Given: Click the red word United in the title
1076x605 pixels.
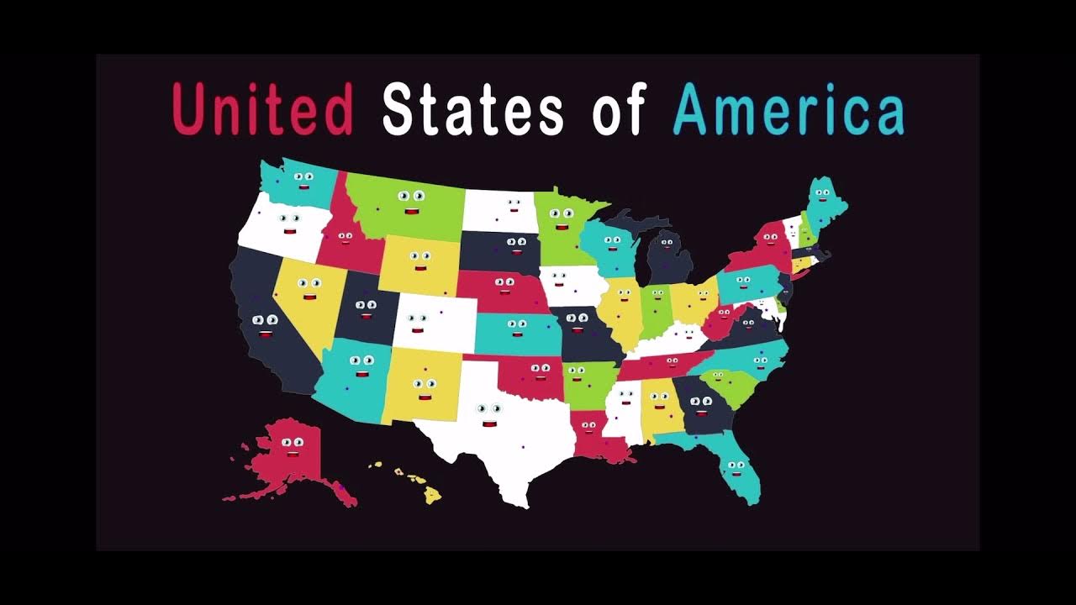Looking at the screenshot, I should pos(262,110).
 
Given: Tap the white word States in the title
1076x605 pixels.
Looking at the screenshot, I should pos(472,110).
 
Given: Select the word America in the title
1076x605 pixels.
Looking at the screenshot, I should pos(789,110).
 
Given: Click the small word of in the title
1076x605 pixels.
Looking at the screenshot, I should pos(618,110).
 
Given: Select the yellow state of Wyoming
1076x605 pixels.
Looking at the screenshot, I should pos(419,264).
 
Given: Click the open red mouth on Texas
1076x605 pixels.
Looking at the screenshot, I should pos(490,423).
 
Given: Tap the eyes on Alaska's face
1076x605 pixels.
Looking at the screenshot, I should pos(292,442).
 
